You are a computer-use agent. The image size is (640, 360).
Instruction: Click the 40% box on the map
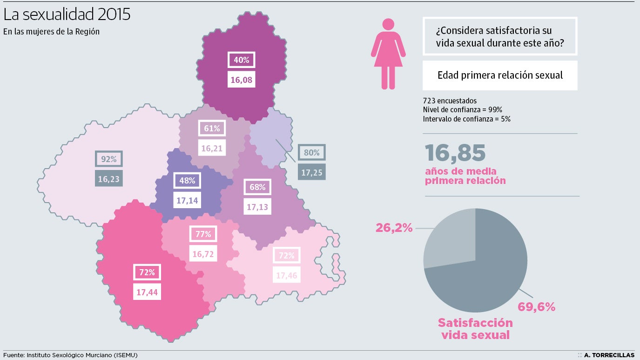[242, 60]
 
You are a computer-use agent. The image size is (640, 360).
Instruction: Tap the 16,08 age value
[242, 80]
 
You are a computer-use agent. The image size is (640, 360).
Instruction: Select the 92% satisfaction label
[109, 159]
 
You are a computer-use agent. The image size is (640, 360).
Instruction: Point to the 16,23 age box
[109, 178]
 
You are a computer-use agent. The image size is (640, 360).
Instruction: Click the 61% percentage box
[212, 128]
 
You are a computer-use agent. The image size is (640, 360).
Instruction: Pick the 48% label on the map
[187, 181]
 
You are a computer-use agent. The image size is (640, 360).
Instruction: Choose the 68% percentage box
[257, 187]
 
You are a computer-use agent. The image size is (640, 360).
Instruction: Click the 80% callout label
[311, 152]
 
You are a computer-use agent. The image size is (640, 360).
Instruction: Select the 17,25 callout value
[311, 172]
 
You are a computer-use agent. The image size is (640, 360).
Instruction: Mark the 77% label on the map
[203, 234]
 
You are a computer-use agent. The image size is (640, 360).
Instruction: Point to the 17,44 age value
[147, 292]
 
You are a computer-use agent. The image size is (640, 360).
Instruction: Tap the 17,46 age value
[286, 275]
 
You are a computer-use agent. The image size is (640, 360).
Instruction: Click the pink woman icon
[388, 54]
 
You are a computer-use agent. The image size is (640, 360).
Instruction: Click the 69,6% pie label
[537, 307]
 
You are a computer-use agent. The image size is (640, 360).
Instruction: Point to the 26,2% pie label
[394, 228]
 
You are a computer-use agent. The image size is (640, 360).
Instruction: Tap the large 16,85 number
[455, 153]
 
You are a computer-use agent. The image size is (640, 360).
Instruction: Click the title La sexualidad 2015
[67, 14]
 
